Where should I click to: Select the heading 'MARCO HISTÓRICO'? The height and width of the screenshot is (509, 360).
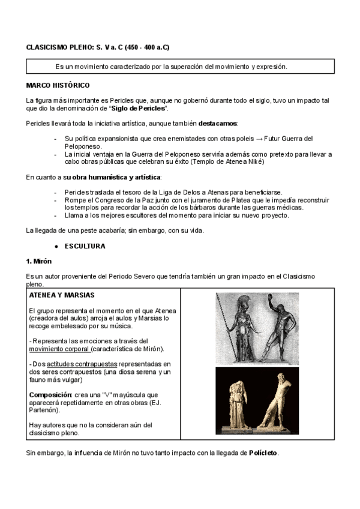[58, 86]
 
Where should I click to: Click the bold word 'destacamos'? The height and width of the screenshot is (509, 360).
[218, 123]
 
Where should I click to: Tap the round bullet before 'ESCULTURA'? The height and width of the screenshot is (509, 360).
[56, 246]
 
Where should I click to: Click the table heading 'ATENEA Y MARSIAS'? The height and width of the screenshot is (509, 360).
[61, 296]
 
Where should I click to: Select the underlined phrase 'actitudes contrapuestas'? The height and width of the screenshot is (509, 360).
[83, 364]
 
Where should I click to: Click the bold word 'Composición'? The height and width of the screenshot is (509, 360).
[50, 394]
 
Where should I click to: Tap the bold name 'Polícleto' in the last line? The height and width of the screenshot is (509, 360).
[263, 451]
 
